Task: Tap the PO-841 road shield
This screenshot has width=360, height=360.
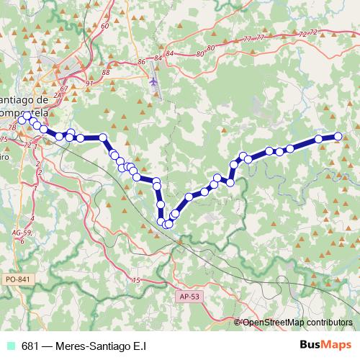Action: coord(17,278)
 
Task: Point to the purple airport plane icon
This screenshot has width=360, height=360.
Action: coord(153,81)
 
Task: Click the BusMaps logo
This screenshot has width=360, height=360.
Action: coord(325,345)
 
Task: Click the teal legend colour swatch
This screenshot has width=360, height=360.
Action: coord(11,346)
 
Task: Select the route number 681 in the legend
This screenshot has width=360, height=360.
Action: coord(30,346)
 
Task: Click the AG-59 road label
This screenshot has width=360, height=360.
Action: coord(22,233)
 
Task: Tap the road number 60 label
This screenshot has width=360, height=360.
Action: coord(104,26)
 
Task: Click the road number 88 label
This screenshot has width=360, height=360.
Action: coord(106,72)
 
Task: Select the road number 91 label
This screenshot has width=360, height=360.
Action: coord(89,84)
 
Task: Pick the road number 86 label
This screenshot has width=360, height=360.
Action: coord(140,62)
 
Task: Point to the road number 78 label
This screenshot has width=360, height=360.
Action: coord(12,127)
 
